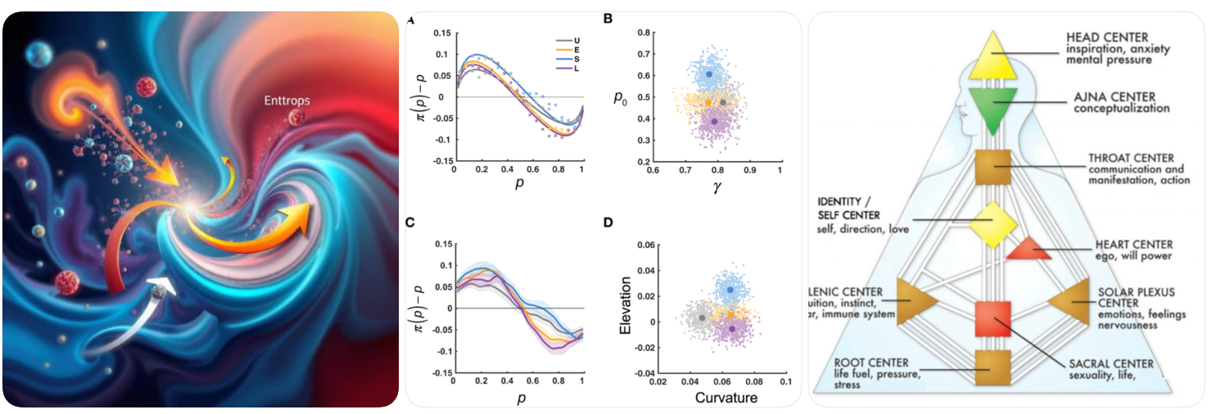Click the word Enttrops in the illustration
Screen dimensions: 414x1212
tap(287, 101)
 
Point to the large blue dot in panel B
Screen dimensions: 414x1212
tap(709, 74)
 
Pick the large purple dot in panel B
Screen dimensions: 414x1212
tap(714, 121)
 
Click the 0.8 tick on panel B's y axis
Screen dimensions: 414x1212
tap(631, 33)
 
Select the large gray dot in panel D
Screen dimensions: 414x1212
tap(702, 317)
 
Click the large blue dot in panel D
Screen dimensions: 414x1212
tap(730, 290)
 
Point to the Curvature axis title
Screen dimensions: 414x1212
tap(726, 398)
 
